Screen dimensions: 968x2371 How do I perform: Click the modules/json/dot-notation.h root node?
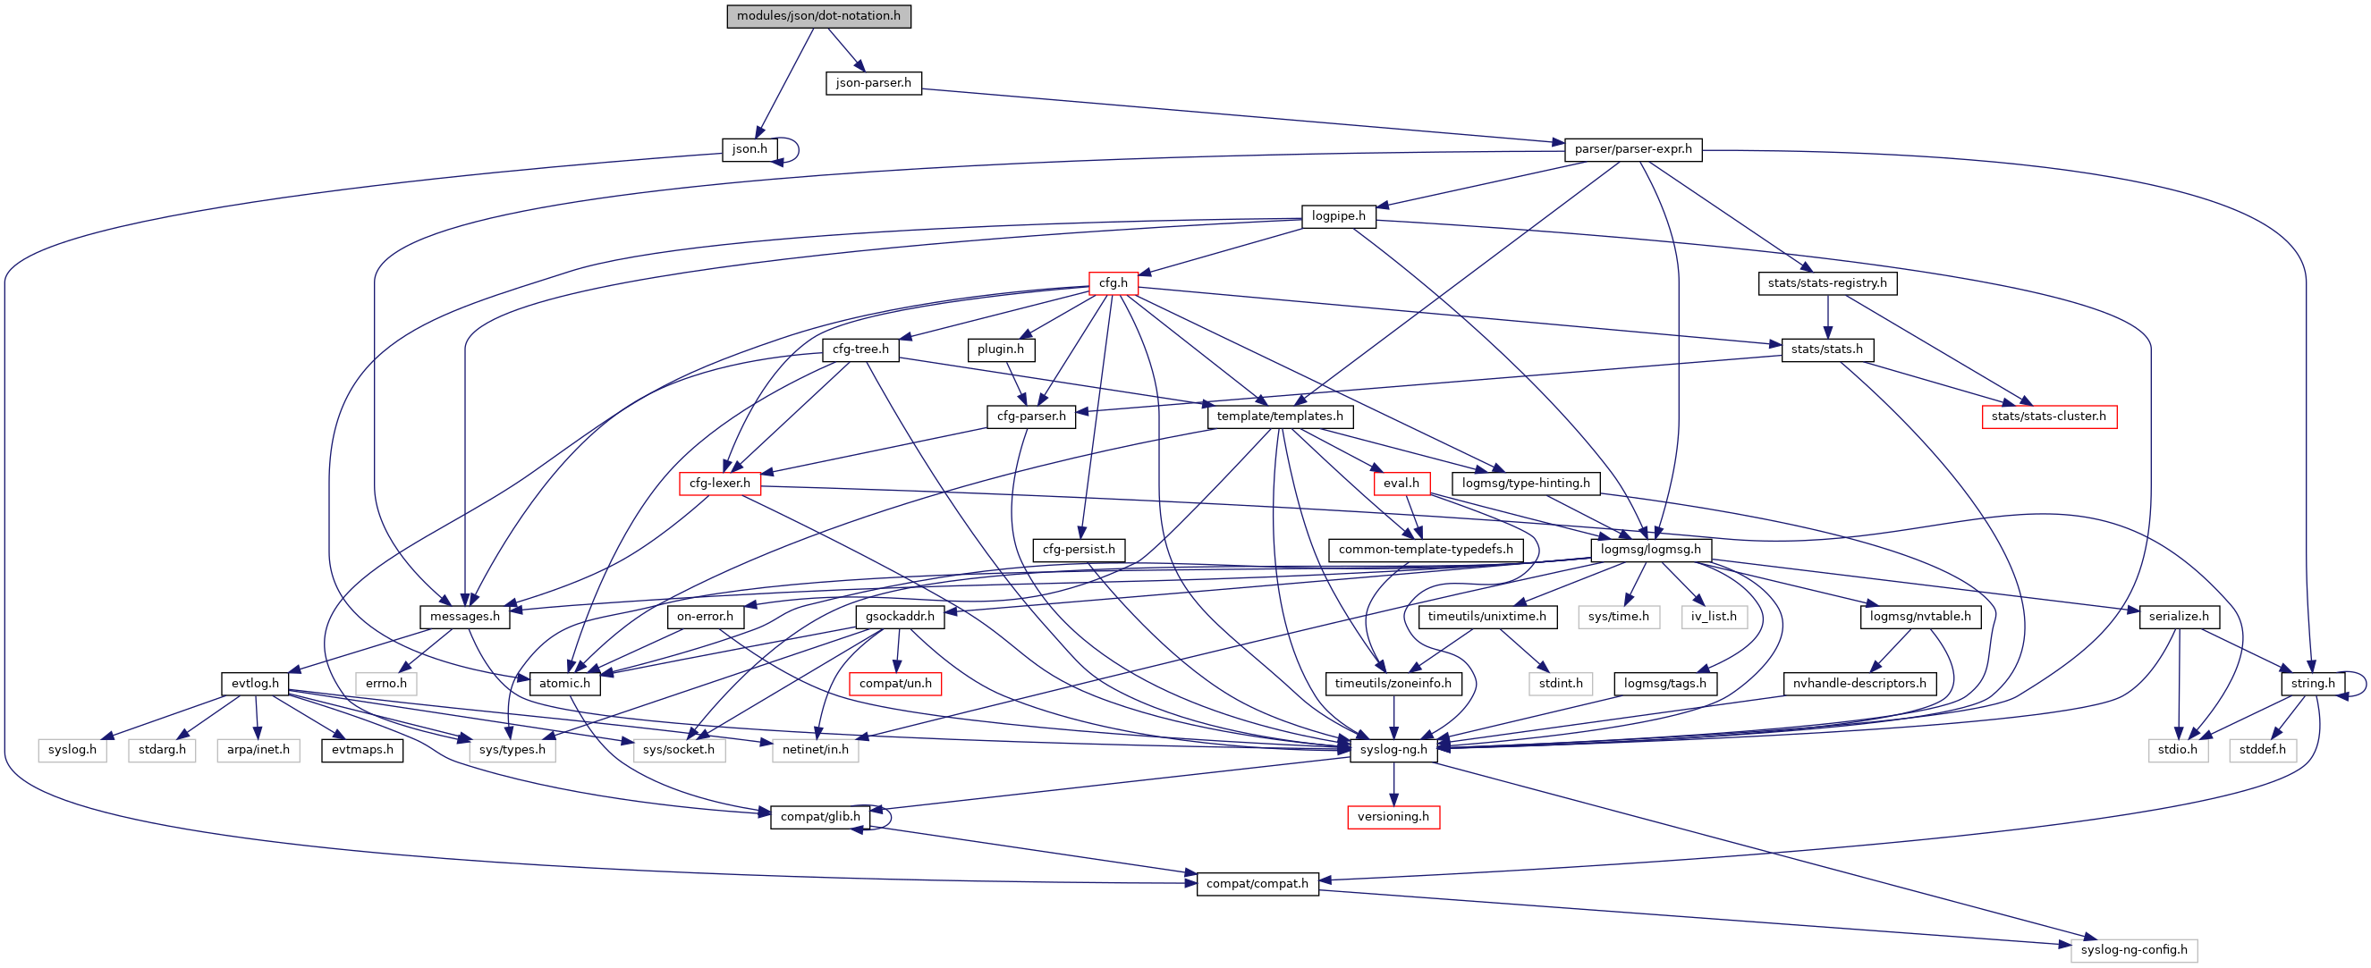[818, 17]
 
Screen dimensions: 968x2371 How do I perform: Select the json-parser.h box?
[873, 83]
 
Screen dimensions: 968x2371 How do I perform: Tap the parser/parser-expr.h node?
[1632, 149]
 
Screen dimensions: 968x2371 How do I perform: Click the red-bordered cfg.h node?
[1112, 283]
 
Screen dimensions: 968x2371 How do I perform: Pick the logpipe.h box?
[1338, 216]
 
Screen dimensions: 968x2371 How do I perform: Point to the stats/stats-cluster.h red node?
[2048, 417]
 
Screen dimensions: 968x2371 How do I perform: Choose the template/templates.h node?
[1278, 417]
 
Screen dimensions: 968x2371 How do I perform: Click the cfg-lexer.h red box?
[719, 483]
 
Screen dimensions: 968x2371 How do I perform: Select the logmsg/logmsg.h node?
[1650, 550]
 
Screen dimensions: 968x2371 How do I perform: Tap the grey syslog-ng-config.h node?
[2132, 949]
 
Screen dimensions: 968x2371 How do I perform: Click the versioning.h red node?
[1393, 817]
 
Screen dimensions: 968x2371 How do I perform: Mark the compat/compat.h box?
[1257, 883]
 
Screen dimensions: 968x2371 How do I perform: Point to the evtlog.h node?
[255, 684]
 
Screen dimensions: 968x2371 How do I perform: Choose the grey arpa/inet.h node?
[258, 750]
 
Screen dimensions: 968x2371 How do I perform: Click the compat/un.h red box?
[894, 684]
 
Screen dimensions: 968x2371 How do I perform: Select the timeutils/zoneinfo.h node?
[1393, 684]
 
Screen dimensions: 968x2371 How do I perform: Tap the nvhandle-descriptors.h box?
[1859, 684]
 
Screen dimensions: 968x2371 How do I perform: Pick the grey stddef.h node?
[2262, 750]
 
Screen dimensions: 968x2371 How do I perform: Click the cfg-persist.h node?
[1078, 550]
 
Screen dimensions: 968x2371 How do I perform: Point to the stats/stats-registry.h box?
[1826, 283]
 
